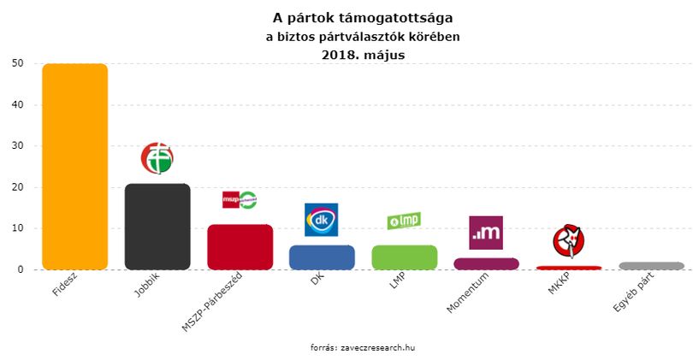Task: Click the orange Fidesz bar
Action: pos(74,167)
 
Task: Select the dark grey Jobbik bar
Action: pos(157,227)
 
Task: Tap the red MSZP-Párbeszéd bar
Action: pos(240,247)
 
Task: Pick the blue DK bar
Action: pos(322,257)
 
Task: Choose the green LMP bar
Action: pos(405,257)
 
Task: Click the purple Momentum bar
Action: pos(486,263)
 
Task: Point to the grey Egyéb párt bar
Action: pos(651,266)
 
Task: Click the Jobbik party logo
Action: pos(157,158)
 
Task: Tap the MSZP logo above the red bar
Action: pos(240,199)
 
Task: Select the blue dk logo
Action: pos(322,220)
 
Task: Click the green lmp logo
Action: pos(404,221)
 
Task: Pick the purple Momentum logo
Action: pos(486,233)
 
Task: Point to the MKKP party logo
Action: pos(568,241)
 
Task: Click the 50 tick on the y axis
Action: pos(18,63)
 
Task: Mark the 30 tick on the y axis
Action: pos(18,145)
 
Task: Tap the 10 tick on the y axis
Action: pos(18,228)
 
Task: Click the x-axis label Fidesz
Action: pos(64,284)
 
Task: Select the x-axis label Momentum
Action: pos(468,292)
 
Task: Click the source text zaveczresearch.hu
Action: pos(378,348)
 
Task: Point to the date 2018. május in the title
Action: pos(363,55)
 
